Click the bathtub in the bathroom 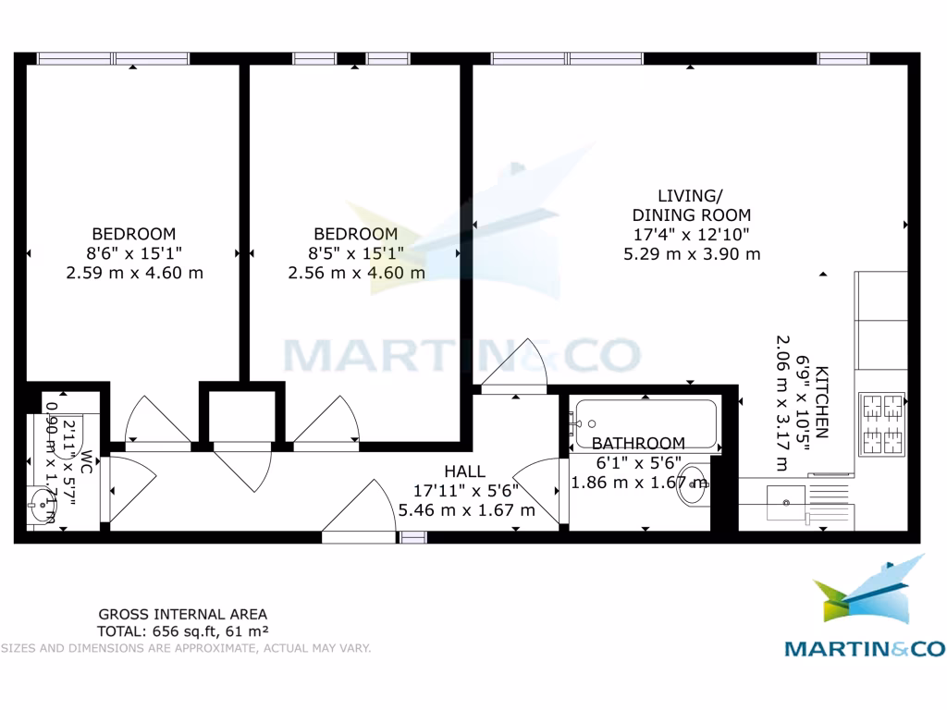coord(645,423)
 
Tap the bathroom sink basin coord(694,484)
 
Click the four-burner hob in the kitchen coord(881,424)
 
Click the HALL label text coord(464,471)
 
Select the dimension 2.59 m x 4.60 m coord(134,273)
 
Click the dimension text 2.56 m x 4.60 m coord(356,273)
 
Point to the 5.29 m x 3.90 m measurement coord(692,254)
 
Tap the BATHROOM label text coord(638,444)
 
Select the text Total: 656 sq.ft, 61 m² coord(183,631)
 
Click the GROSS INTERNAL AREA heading coord(183,614)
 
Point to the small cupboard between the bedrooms coord(242,415)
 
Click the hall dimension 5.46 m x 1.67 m coord(466,510)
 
